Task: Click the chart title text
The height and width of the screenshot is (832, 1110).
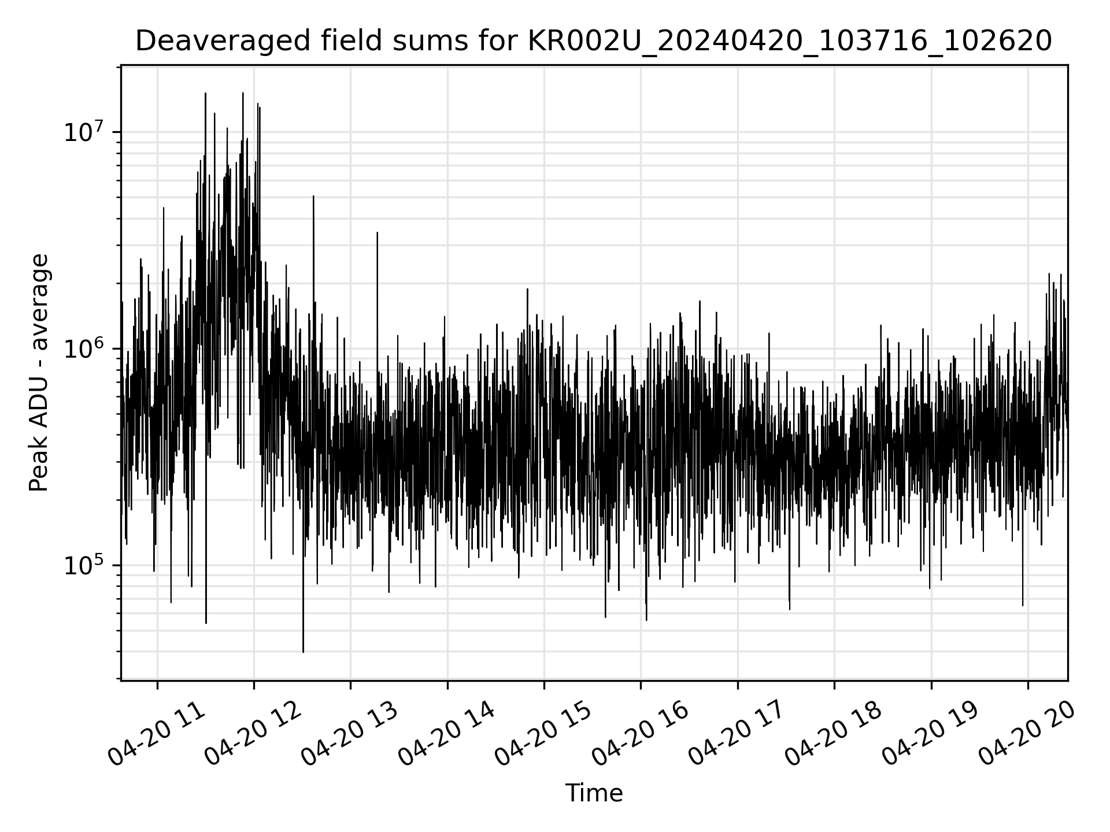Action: tap(593, 41)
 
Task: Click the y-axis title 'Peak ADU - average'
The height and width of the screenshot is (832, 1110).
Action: tap(39, 373)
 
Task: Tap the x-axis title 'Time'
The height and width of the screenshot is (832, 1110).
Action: tap(594, 793)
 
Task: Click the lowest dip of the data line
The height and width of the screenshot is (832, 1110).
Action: tap(303, 651)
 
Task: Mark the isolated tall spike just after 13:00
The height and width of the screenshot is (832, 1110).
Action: tap(377, 233)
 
